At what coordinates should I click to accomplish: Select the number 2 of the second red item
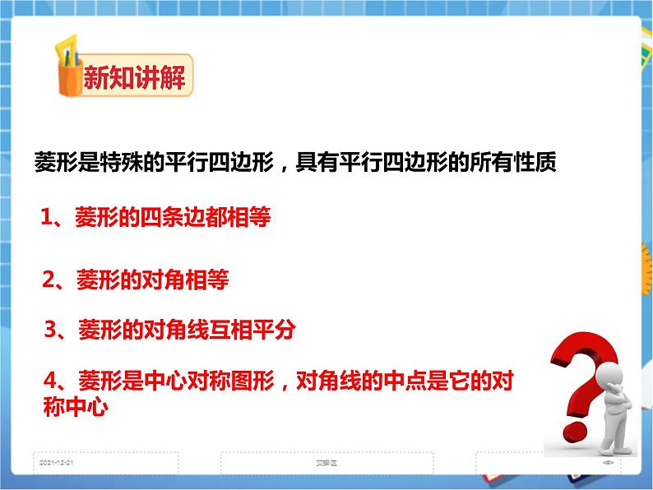[x=49, y=280]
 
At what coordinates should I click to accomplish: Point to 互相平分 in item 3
[x=256, y=331]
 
